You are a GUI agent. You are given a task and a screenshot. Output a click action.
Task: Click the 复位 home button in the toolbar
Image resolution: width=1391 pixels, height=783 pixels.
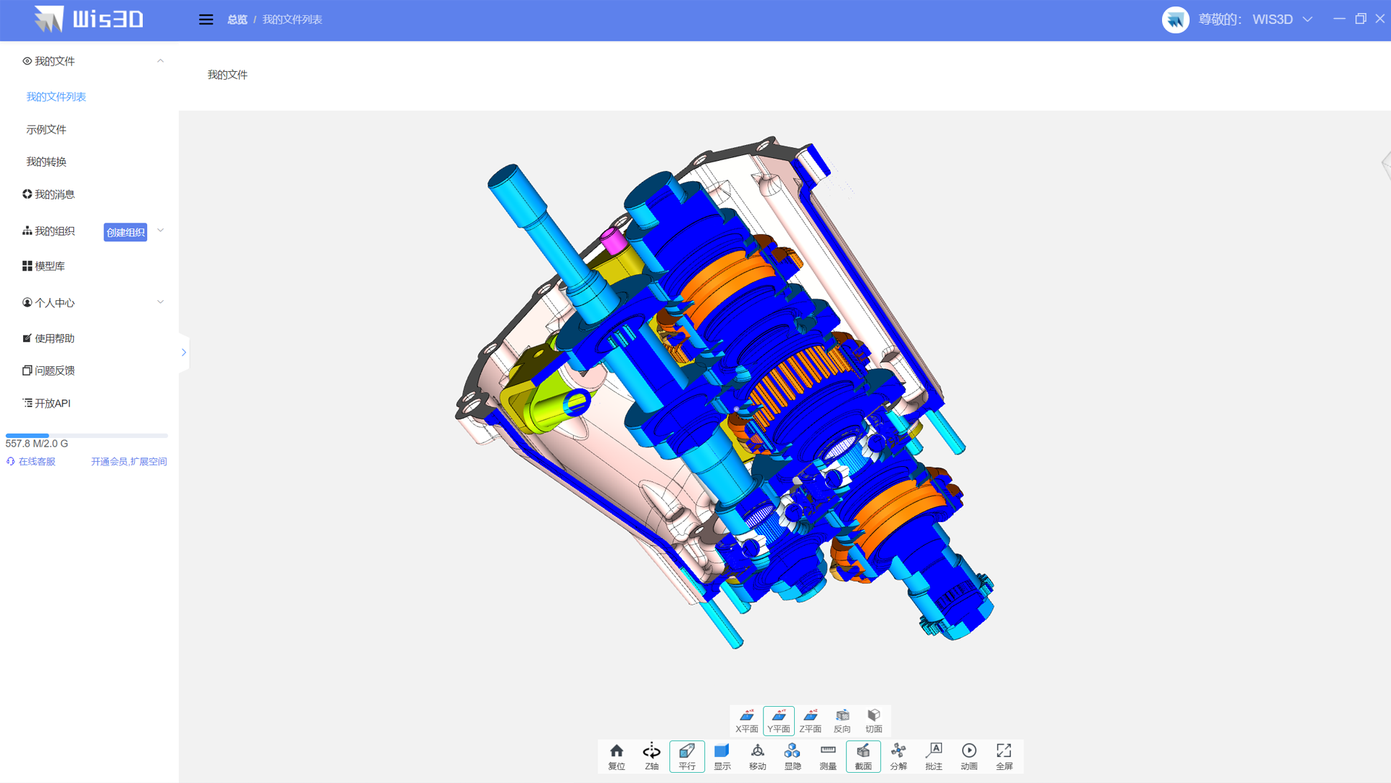(617, 756)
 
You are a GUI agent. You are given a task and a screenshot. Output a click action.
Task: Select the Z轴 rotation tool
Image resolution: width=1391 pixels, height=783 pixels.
(651, 756)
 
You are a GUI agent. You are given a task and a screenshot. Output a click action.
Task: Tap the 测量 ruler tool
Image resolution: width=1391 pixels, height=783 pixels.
(828, 756)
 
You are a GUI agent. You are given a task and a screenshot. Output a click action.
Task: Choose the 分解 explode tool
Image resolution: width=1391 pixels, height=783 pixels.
(898, 756)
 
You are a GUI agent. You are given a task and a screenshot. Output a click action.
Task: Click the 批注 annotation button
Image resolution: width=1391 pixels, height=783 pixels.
(934, 756)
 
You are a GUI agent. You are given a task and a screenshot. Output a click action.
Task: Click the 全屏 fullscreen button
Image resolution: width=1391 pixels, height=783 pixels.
(1004, 756)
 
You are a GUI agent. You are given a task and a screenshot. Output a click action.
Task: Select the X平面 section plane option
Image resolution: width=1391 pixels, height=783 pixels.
(747, 721)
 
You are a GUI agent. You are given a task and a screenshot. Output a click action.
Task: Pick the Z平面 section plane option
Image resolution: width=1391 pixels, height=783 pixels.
(811, 721)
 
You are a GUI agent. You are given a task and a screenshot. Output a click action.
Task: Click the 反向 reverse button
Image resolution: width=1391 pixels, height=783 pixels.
(842, 721)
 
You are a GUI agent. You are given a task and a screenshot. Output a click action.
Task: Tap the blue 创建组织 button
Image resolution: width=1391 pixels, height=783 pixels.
(125, 232)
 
